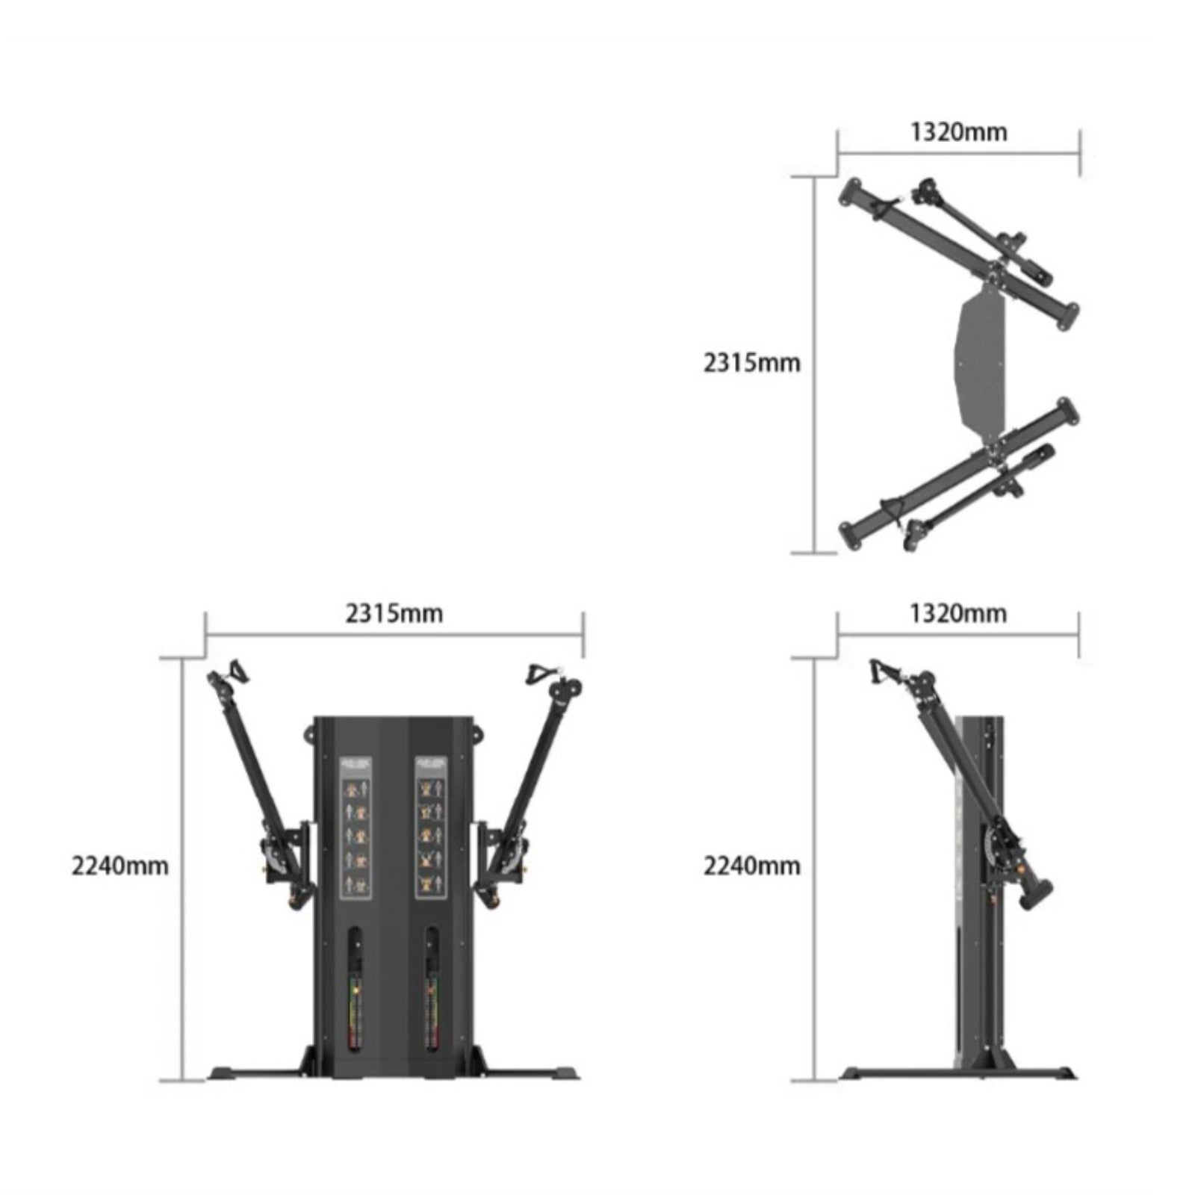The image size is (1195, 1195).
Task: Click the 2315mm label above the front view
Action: point(394,613)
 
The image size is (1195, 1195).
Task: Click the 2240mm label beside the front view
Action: point(119,866)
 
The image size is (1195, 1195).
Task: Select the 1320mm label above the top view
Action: point(958,131)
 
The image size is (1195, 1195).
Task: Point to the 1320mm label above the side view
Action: point(958,613)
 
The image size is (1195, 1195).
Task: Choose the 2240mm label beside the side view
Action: point(751,866)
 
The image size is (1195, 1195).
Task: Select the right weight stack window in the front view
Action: point(431,990)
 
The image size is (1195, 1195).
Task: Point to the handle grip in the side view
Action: point(882,672)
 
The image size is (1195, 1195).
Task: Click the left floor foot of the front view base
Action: point(239,1073)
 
